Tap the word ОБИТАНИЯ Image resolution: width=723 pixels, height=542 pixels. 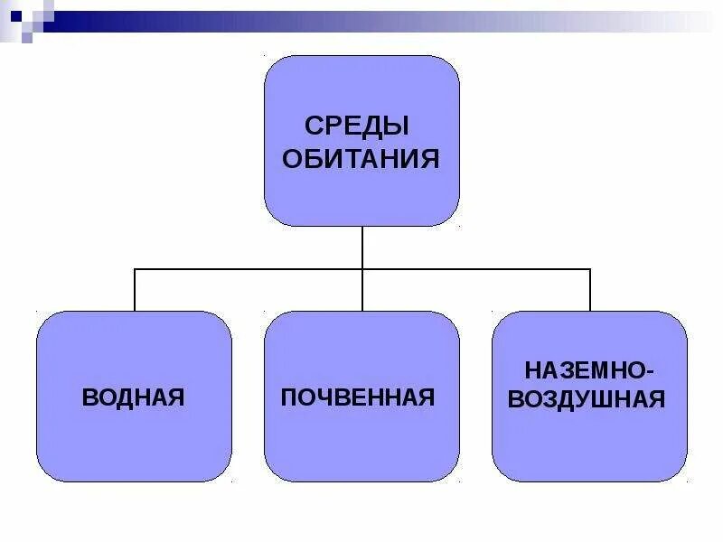tap(361, 160)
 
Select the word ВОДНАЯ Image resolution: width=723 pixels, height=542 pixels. tap(133, 397)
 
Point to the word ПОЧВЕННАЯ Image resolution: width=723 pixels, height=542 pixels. tap(358, 397)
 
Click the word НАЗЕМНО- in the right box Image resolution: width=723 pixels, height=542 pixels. tap(587, 369)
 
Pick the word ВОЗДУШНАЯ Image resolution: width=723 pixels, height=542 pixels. tap(587, 398)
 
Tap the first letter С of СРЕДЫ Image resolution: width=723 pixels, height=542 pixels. tap(313, 126)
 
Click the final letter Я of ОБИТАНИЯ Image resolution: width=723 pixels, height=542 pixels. tap(431, 160)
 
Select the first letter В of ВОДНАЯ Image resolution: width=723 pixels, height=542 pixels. tap(89, 397)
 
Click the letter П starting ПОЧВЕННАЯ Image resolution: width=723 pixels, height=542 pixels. tap(288, 397)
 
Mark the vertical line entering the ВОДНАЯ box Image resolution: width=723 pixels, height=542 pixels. tap(135, 290)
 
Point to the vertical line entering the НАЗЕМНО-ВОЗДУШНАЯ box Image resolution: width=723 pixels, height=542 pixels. tap(590, 290)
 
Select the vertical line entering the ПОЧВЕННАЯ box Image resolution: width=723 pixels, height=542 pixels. tap(362, 291)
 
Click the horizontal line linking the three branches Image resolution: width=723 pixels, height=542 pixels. tap(249, 269)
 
